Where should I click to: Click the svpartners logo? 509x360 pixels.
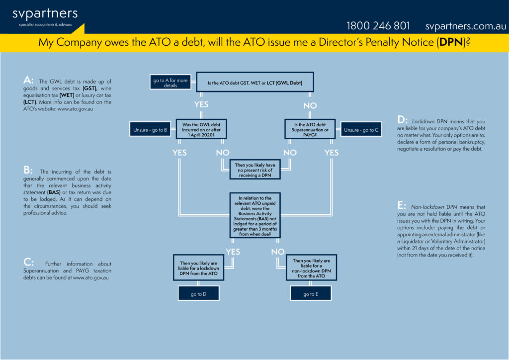(45, 17)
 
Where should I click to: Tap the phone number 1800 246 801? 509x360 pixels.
(378, 26)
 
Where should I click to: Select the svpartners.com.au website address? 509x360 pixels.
(465, 26)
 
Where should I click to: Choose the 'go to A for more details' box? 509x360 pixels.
(170, 82)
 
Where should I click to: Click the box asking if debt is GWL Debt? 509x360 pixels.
(255, 82)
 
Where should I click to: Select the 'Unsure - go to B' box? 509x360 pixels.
(150, 129)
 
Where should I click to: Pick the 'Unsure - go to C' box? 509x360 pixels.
(361, 129)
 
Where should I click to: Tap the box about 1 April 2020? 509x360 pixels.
(201, 129)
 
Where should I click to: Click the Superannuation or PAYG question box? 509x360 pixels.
(310, 129)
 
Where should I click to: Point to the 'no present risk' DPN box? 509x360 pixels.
(255, 170)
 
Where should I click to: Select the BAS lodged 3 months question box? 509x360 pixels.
(255, 215)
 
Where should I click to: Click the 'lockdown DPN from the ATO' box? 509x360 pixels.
(198, 268)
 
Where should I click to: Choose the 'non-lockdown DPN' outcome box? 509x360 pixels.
(311, 268)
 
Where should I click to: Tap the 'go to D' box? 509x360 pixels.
(198, 293)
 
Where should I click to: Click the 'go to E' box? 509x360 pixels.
(311, 293)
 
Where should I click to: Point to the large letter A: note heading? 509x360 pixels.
(28, 80)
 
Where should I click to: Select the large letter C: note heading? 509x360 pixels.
(28, 262)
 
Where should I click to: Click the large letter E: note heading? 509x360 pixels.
(402, 205)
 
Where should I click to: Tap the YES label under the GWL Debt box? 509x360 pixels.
(201, 104)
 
